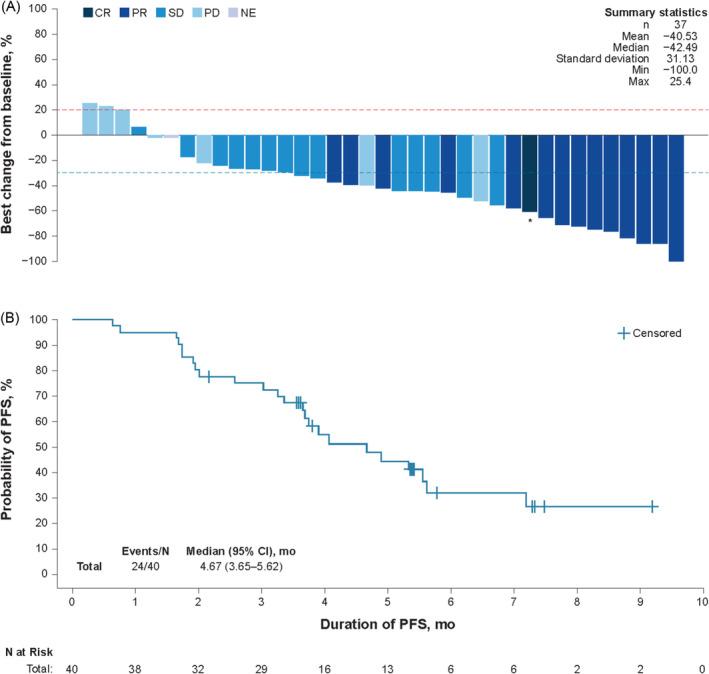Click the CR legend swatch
89,12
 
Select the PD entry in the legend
203,12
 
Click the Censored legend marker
624,333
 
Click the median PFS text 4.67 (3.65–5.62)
240,565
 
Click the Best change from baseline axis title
9,134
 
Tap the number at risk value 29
261,666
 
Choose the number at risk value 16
324,666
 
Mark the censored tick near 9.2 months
652,506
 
